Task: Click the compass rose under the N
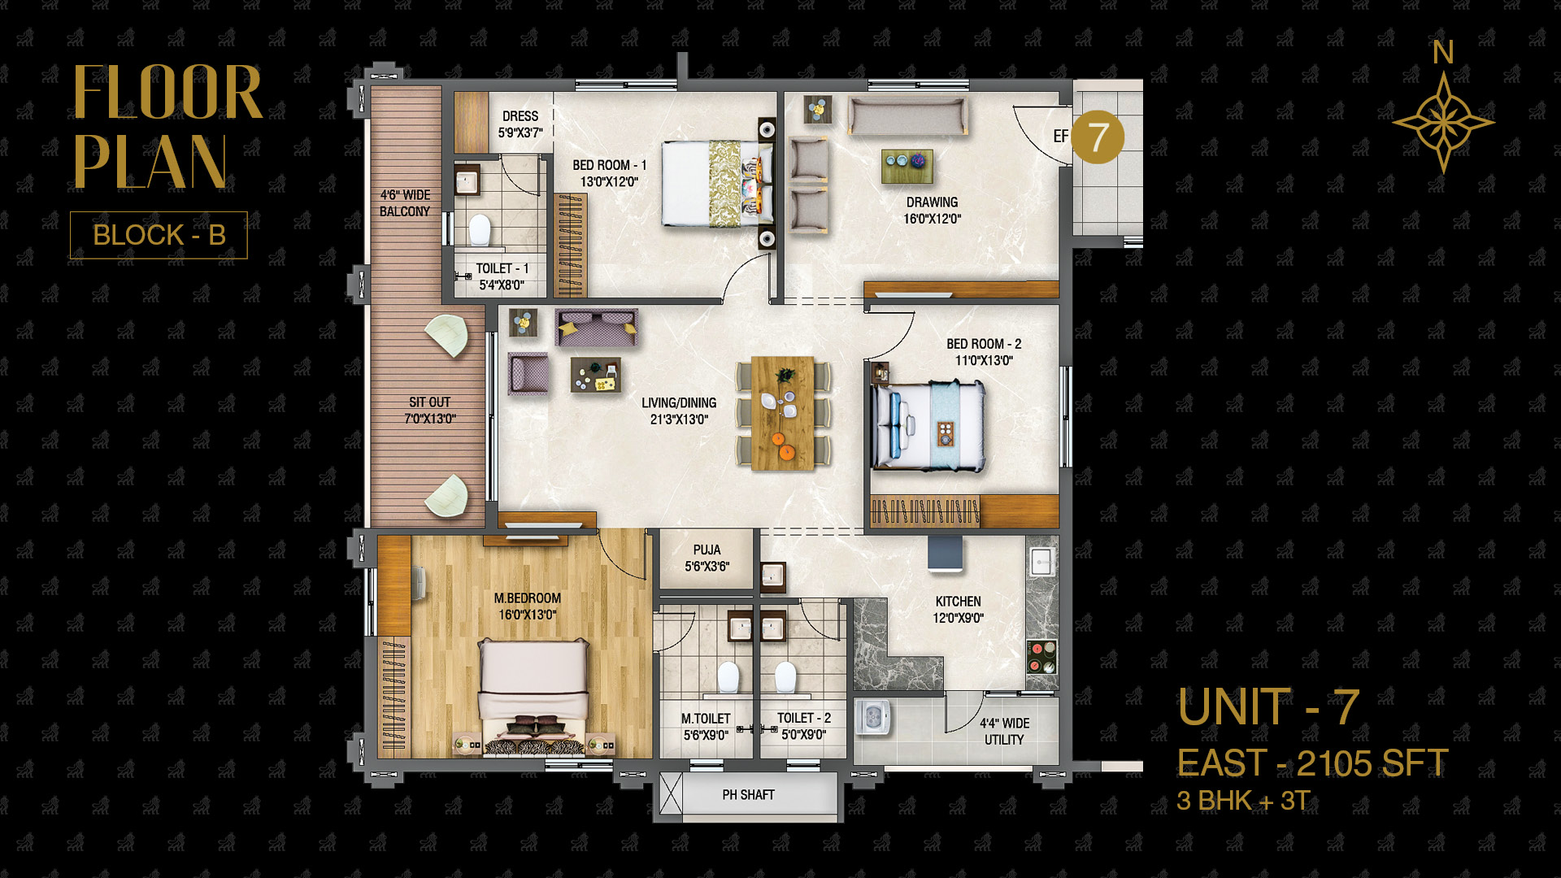1443,123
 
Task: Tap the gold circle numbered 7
1098,137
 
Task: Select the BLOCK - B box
159,235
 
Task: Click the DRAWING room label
933,202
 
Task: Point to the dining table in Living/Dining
782,413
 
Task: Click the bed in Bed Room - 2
928,426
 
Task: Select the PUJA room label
707,550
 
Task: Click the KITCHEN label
958,602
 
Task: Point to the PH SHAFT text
748,795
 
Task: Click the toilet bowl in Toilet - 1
480,230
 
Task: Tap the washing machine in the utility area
873,717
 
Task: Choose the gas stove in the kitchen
1041,657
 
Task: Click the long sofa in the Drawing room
907,115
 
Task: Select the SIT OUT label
429,402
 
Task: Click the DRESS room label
520,116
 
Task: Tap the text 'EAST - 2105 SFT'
1312,763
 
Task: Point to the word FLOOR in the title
168,93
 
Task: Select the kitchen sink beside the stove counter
1041,559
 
